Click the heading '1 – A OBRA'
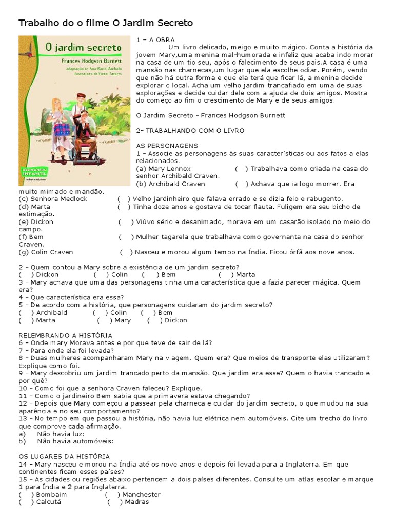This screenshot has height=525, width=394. [155, 39]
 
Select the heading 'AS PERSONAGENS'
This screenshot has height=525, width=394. [163, 146]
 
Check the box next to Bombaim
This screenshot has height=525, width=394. [26, 495]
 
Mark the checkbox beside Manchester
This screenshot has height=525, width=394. [112, 495]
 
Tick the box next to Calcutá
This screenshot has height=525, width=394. [26, 502]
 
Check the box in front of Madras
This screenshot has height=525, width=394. [114, 502]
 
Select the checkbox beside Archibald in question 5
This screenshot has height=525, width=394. [26, 313]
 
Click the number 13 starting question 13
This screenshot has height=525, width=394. [23, 419]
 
